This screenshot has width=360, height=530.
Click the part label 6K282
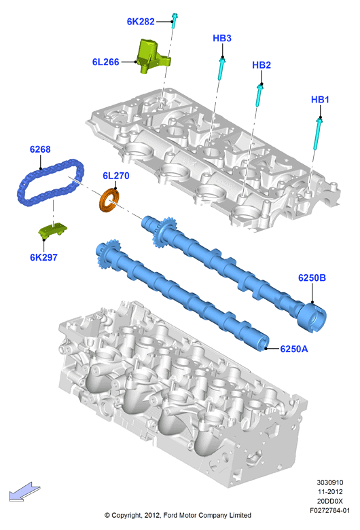141,21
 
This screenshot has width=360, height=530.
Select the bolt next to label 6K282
175,21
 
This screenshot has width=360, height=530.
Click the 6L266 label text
105,62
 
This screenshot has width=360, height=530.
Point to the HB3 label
222,38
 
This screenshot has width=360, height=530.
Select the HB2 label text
262,65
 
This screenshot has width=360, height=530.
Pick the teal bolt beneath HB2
259,96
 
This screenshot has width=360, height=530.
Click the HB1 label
320,99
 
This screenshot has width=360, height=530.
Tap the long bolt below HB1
318,133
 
